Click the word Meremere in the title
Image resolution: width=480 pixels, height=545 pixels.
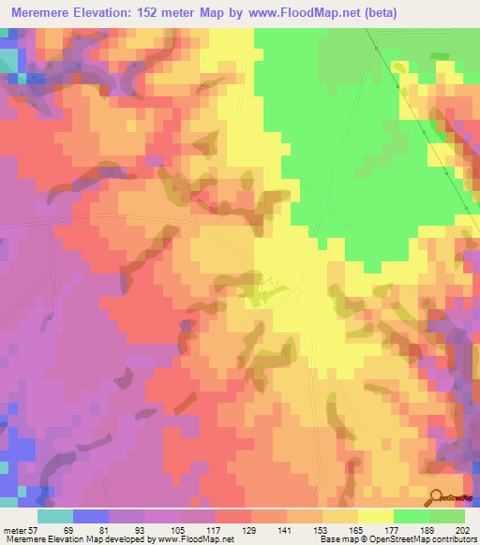[x=44, y=13]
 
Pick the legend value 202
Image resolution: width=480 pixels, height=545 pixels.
[x=463, y=531]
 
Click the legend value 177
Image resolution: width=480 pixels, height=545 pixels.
[x=392, y=531]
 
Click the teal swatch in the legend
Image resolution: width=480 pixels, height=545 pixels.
[x=55, y=516]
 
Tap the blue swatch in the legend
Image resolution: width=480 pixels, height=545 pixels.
[x=91, y=516]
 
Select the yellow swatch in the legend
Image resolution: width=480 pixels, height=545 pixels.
[x=376, y=516]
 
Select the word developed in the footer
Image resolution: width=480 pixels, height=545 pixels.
[x=127, y=540]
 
